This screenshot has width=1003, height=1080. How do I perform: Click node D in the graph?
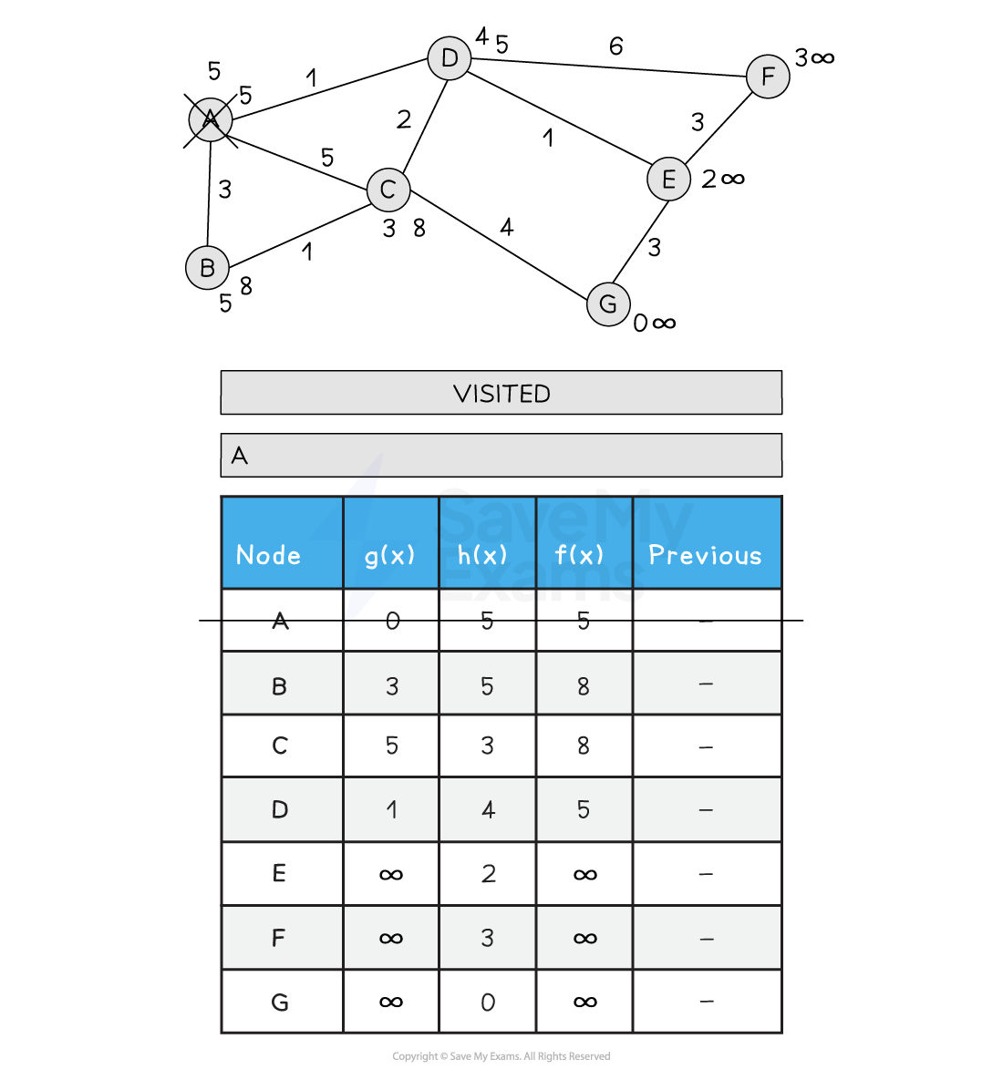[x=450, y=57]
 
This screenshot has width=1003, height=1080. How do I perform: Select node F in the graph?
[x=768, y=77]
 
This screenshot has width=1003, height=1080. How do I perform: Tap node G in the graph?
[x=608, y=303]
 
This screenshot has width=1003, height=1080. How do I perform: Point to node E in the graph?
[x=668, y=179]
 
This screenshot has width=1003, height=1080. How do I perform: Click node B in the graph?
[x=207, y=267]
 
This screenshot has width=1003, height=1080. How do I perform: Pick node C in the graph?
[x=388, y=190]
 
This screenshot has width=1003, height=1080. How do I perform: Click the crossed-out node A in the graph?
[x=210, y=120]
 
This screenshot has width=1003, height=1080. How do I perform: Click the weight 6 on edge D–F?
[x=615, y=46]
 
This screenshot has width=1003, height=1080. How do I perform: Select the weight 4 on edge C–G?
[x=507, y=227]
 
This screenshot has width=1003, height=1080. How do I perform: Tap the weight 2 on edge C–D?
[x=404, y=119]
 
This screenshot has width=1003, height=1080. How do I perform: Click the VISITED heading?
[x=501, y=394]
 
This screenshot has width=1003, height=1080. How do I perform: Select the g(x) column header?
[x=390, y=555]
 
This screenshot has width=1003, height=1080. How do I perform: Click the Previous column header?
[x=706, y=554]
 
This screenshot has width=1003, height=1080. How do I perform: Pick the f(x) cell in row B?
[x=584, y=686]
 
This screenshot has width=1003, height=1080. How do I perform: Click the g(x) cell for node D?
[x=392, y=809]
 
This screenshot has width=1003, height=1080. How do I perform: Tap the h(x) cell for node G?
[x=488, y=1002]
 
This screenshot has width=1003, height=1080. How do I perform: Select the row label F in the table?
[x=278, y=938]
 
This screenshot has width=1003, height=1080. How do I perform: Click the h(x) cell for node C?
[x=488, y=746]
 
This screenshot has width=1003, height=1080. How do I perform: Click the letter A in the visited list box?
[x=239, y=456]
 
